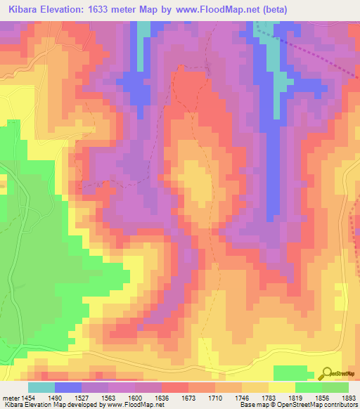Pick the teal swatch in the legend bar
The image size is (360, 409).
click(41, 387)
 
